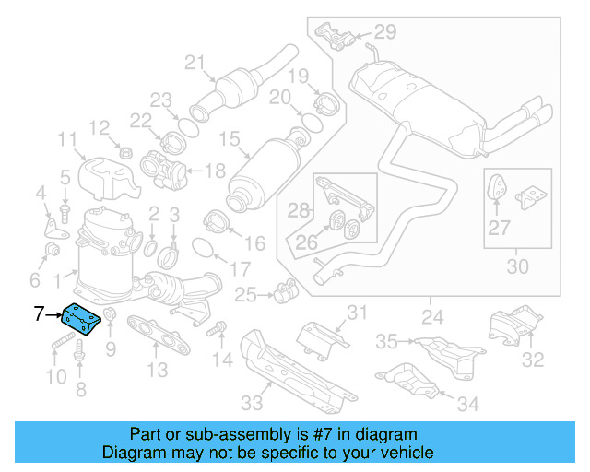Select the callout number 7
pos(40,314)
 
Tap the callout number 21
pos(193,63)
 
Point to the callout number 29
pos(383,32)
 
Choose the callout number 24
pos(430,320)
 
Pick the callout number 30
pos(518,267)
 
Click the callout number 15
pos(228,142)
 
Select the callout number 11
pos(66,140)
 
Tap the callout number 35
pos(385,342)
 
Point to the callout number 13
pos(158,370)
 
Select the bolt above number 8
pos(79,348)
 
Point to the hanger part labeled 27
pos(495,186)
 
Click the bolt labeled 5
pos(65,210)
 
